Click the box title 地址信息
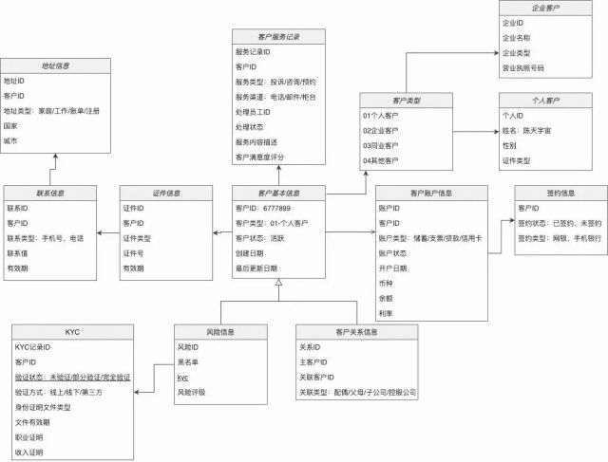click(55, 66)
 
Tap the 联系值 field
click(19, 253)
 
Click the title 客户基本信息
click(278, 192)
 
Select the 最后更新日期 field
click(261, 268)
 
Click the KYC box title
click(71, 332)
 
